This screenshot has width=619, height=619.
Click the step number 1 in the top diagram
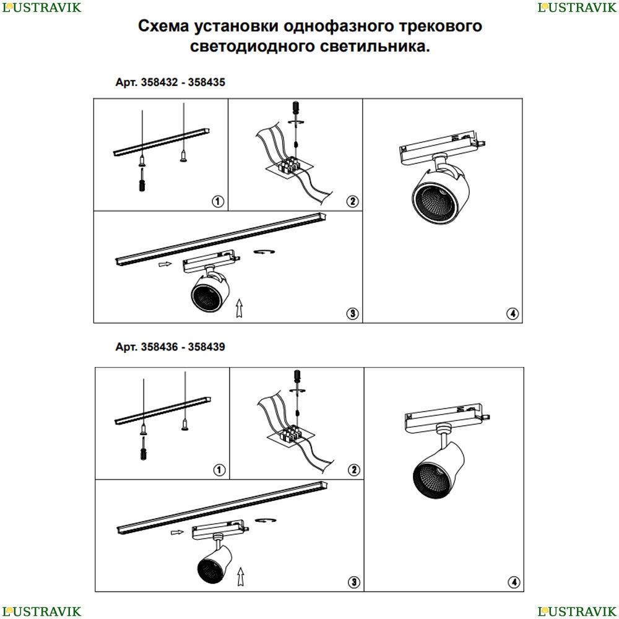(x=218, y=201)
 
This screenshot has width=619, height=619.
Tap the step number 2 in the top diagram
(x=353, y=201)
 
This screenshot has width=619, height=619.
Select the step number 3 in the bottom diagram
(x=353, y=582)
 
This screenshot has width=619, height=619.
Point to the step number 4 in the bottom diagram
(x=514, y=582)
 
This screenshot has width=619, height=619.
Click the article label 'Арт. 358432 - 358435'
(x=170, y=82)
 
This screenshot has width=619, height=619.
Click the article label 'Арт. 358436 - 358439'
(x=170, y=347)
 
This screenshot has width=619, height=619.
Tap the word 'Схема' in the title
(x=163, y=26)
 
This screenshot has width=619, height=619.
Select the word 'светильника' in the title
(x=372, y=46)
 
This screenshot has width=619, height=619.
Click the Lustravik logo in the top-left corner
(x=41, y=7)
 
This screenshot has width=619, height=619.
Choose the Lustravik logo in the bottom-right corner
(x=577, y=611)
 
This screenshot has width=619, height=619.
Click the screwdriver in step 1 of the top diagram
(x=142, y=180)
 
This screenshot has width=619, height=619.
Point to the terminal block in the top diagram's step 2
(x=290, y=165)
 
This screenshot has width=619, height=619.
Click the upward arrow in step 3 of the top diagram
(x=239, y=308)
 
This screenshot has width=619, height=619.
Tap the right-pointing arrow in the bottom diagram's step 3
(x=178, y=532)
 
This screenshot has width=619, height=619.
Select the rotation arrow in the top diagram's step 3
(x=264, y=251)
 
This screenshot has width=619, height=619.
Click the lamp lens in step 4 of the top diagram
(x=435, y=202)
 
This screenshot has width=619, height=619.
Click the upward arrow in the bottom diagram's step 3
(x=240, y=576)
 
